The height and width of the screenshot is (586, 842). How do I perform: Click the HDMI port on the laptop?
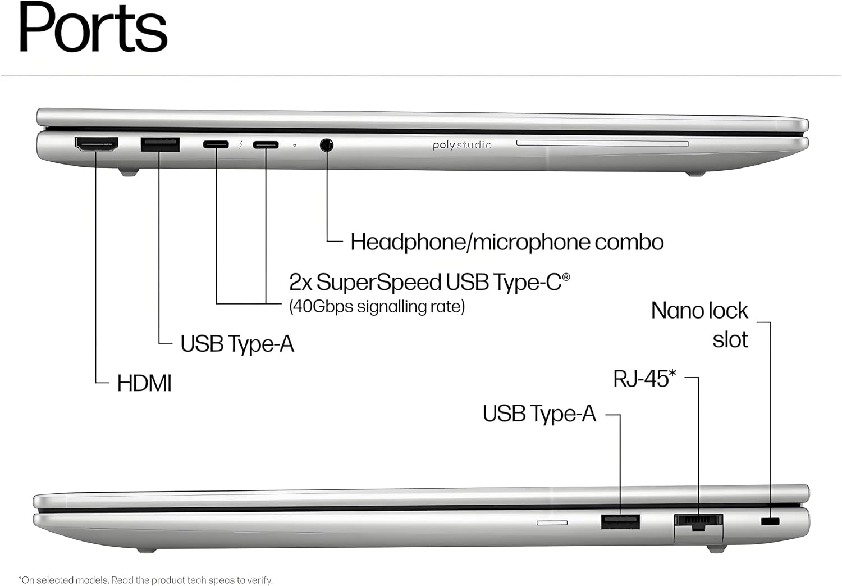(x=97, y=144)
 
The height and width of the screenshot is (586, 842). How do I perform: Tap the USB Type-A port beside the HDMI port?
(x=160, y=144)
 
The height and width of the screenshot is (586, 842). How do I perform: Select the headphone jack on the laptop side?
(x=327, y=145)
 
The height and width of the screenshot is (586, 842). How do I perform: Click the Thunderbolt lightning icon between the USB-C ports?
(x=241, y=144)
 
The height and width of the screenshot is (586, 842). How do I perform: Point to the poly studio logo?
(x=462, y=145)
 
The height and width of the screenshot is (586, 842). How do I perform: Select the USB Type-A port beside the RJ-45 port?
(x=620, y=522)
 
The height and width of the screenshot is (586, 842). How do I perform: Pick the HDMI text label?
(x=144, y=383)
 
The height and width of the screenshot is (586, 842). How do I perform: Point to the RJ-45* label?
(x=644, y=378)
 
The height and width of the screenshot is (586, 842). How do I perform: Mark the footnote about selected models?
(x=145, y=580)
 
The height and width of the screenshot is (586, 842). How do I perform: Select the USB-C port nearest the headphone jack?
(x=266, y=145)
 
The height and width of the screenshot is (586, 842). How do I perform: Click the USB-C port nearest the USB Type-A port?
(x=216, y=144)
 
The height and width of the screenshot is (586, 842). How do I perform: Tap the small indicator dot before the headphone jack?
(x=295, y=145)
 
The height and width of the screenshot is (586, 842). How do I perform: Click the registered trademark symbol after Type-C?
(x=566, y=277)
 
